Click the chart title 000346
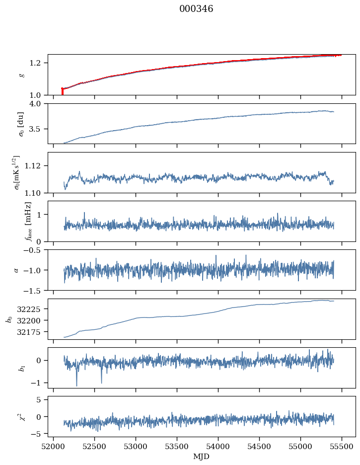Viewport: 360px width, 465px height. [196, 9]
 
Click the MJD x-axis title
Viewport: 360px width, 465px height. [202, 457]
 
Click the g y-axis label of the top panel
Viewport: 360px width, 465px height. [21, 75]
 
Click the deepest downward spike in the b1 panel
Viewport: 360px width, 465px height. [76, 385]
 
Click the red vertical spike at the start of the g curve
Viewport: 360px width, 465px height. [62, 92]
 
